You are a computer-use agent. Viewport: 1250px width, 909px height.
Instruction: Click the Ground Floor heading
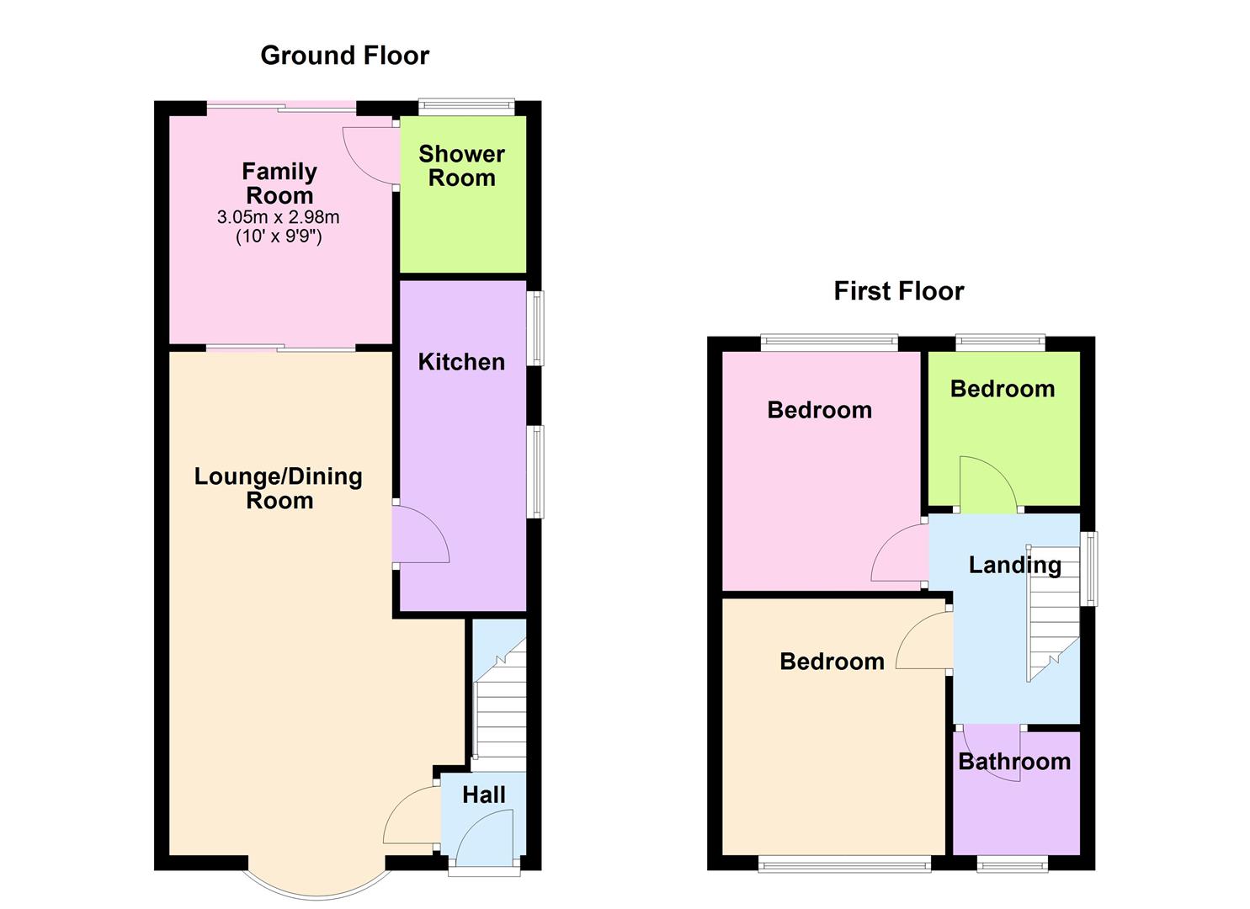pyautogui.click(x=344, y=56)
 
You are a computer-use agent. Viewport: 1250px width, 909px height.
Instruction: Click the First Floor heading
pyautogui.click(x=898, y=291)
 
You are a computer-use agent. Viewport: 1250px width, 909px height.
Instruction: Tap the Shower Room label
pyautogui.click(x=461, y=166)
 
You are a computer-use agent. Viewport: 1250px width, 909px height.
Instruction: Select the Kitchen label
pyautogui.click(x=461, y=362)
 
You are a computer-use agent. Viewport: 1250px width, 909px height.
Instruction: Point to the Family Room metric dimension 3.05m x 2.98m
pyautogui.click(x=279, y=217)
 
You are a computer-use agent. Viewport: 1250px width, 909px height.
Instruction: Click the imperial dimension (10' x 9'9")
pyautogui.click(x=279, y=237)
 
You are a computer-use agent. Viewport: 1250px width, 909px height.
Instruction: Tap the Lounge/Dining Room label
pyautogui.click(x=279, y=488)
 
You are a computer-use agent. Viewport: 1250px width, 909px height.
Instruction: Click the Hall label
pyautogui.click(x=484, y=795)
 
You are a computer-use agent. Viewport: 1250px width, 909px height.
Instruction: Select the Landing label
pyautogui.click(x=1014, y=565)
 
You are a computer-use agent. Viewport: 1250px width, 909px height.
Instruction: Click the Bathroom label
pyautogui.click(x=1014, y=762)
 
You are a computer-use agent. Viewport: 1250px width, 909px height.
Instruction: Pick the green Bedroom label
pyautogui.click(x=1002, y=389)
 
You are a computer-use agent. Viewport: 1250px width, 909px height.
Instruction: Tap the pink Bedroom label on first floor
pyautogui.click(x=819, y=410)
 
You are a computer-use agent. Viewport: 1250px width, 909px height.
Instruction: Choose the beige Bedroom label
pyautogui.click(x=832, y=662)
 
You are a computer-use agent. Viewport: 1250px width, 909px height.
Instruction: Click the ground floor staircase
pyautogui.click(x=500, y=707)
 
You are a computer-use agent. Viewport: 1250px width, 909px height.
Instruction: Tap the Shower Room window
pyautogui.click(x=467, y=106)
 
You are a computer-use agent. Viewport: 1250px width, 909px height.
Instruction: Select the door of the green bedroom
pyautogui.click(x=989, y=484)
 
